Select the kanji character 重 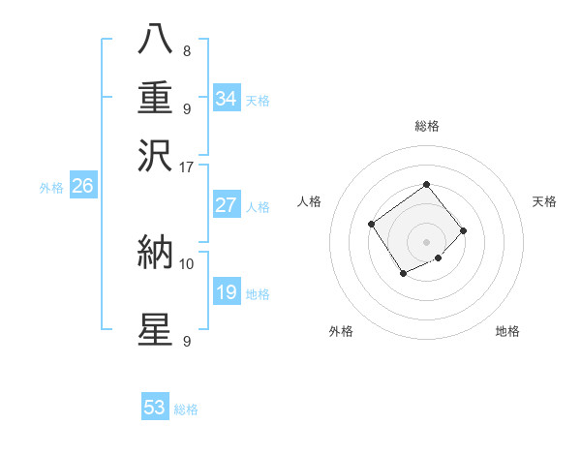pos(156,98)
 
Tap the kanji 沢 pos(156,154)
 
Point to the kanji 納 pos(156,254)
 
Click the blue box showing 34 pos(227,99)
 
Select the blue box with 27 pos(227,205)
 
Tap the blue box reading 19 pos(227,292)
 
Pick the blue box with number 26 pos(82,187)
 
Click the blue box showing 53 pos(155,408)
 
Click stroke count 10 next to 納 pos(187,263)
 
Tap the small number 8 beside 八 pos(186,51)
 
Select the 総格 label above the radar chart pos(427,126)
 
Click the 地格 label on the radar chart pos(507,332)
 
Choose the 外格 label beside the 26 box pos(50,188)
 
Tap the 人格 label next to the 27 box pos(258,206)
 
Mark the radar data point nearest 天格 pos(464,230)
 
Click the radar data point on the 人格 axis pos(372,225)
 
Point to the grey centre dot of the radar pos(427,242)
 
